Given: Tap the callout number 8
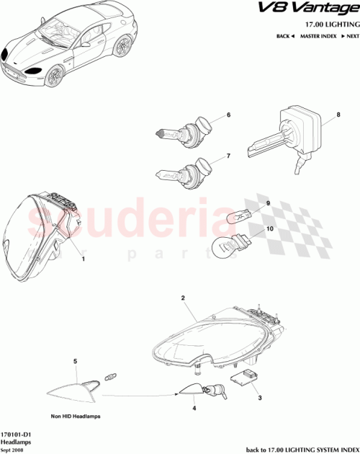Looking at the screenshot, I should [337, 115].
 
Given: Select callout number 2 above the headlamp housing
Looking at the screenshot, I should [184, 298].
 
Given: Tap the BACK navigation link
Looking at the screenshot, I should [286, 35].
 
